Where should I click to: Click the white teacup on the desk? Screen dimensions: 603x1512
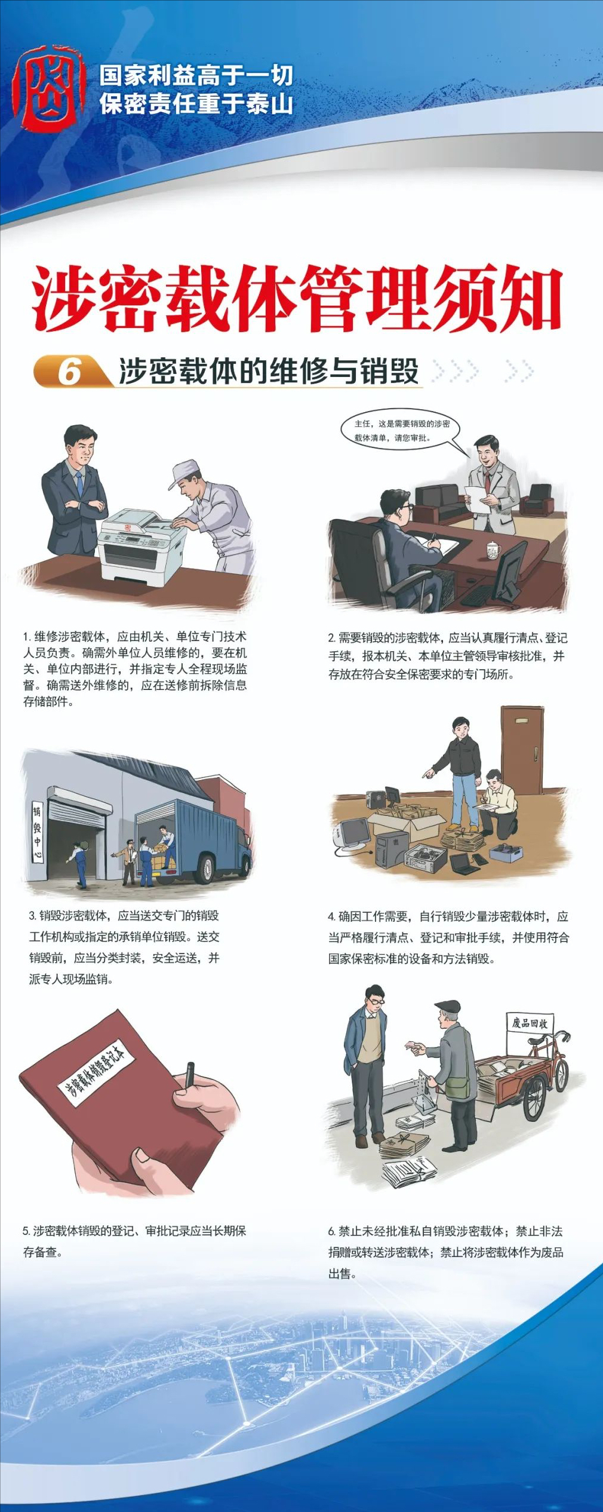click(493, 550)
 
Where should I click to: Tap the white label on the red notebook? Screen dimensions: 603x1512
click(95, 1071)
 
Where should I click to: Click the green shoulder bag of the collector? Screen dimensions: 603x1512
click(457, 1085)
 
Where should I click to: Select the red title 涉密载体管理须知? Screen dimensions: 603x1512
click(296, 299)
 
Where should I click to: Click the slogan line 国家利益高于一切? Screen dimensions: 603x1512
click(196, 76)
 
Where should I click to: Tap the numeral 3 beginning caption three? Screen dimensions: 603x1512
click(32, 916)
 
